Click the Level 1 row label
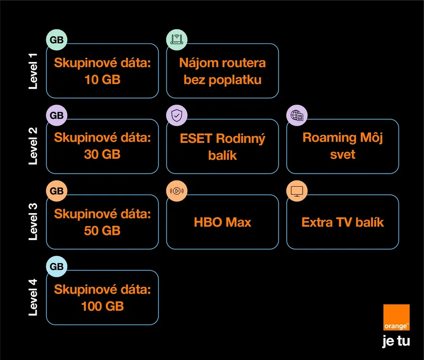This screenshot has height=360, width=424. pos(33,71)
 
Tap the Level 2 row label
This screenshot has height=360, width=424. pos(33,146)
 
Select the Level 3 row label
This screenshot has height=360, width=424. pos(33,221)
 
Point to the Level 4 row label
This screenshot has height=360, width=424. pos(33,297)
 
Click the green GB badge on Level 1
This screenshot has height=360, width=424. pos(56,39)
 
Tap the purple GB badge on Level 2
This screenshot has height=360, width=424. pos(56,116)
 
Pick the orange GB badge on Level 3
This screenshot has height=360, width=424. pos(56,191)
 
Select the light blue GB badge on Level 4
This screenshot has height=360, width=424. pos(56,267)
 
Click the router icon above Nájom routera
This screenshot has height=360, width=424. pos(176,39)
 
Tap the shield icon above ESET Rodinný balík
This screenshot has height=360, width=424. pos(176,116)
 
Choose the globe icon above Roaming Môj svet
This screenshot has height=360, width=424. pos(297,116)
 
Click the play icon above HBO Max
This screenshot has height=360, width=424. pos(176,191)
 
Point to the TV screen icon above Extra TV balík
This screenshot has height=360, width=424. pos(297,191)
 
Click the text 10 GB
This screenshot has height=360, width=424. pos(102,80)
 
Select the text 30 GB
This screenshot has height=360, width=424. pos(102,154)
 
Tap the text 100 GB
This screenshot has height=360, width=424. pos(102,306)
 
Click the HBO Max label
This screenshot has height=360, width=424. pos(222,222)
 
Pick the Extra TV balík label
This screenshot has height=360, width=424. pos(343,222)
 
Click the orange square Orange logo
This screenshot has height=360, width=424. pos(397,317)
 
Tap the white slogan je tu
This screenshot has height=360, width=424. pos(396,341)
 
